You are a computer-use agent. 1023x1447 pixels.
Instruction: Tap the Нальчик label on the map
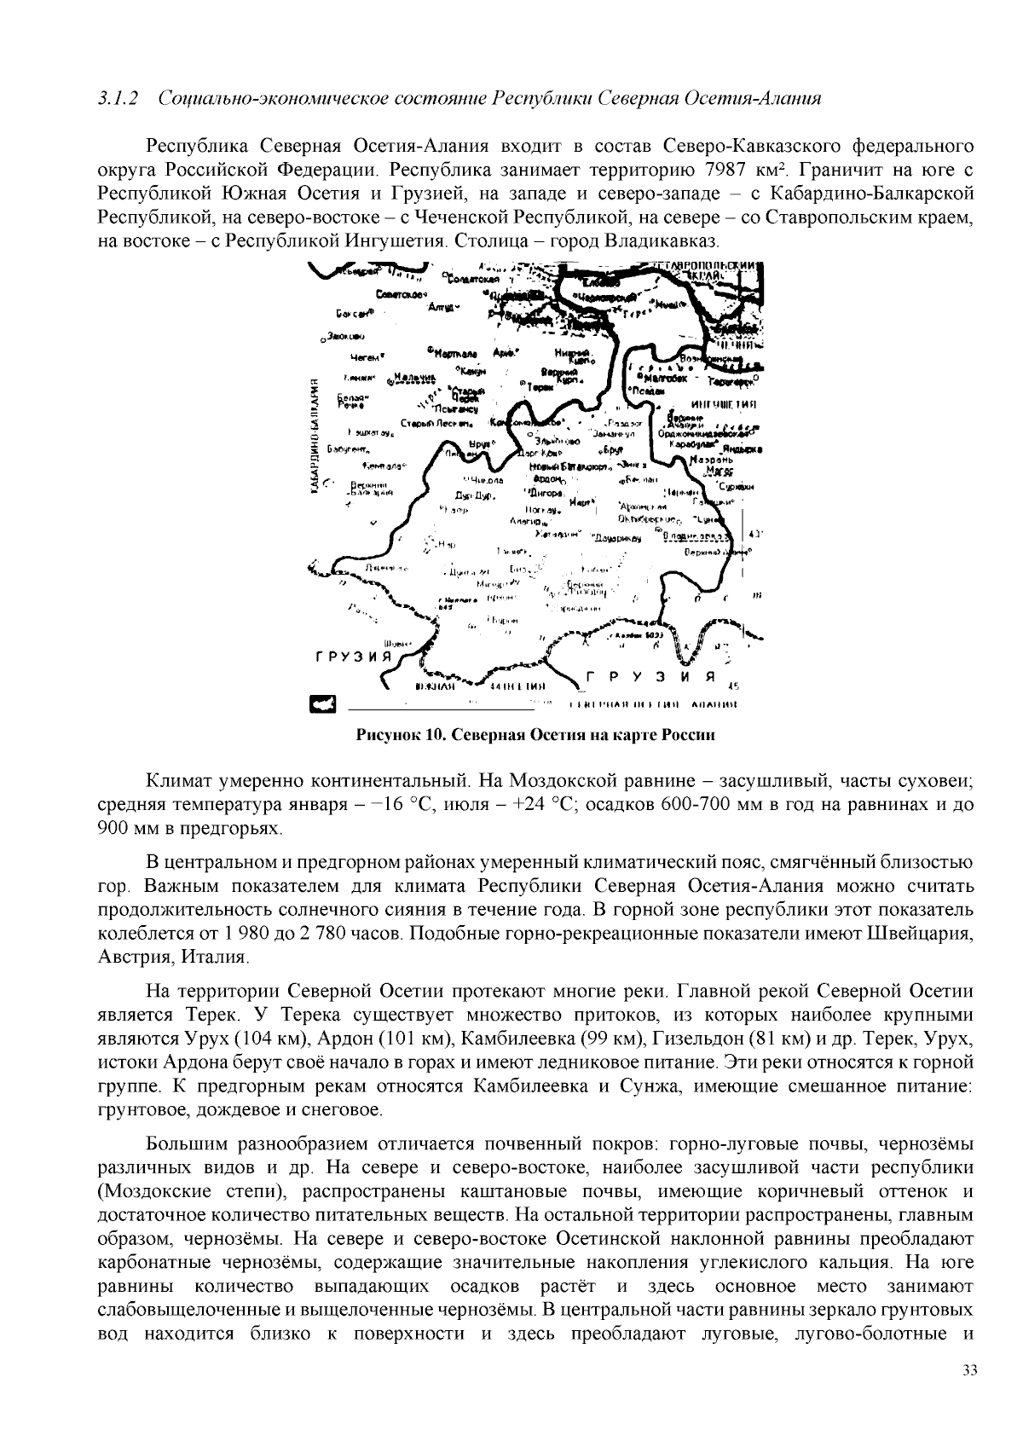point(415,376)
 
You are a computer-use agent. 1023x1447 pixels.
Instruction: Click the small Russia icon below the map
point(322,703)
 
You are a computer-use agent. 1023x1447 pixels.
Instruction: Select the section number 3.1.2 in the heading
point(118,98)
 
